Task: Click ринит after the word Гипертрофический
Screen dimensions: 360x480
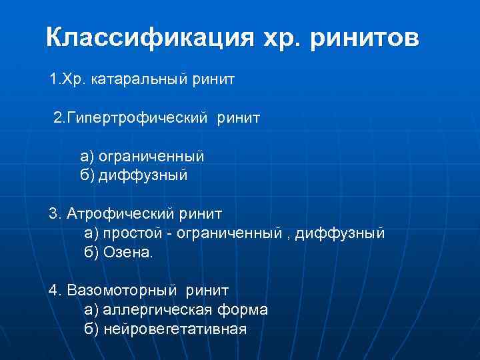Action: pos(238,118)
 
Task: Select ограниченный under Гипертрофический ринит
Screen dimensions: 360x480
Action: pos(151,156)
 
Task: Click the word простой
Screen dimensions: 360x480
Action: pos(129,233)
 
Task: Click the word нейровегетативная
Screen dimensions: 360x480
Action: pos(175,329)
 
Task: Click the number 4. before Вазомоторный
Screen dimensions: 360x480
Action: pos(55,291)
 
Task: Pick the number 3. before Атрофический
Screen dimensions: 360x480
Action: pos(55,214)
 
